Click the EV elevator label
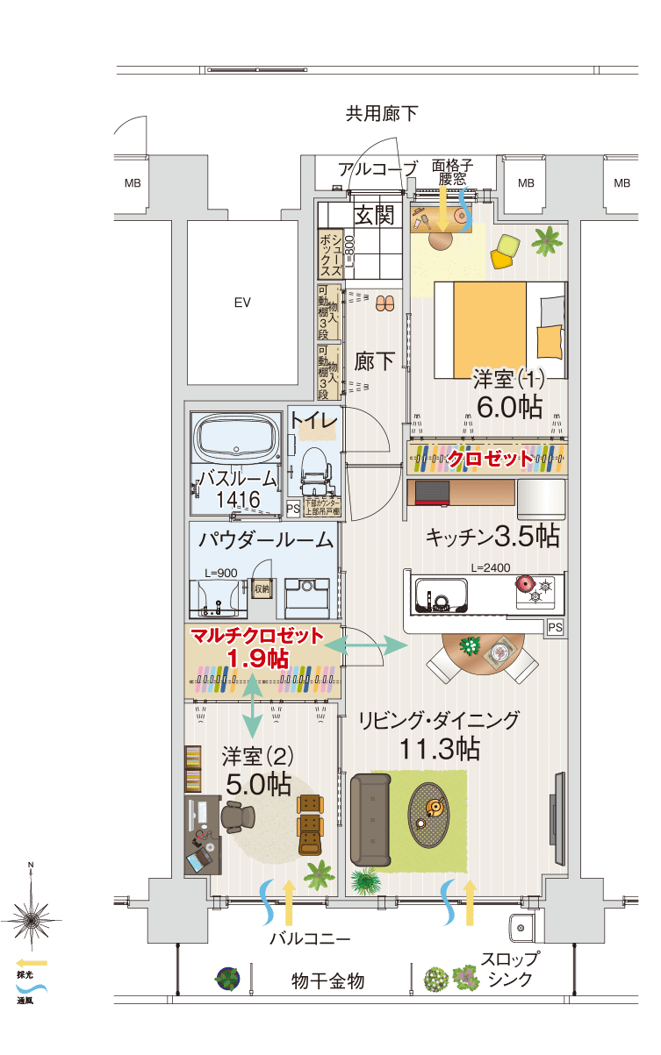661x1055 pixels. (242, 303)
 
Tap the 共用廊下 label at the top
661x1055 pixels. (381, 113)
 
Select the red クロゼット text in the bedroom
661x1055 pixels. (490, 458)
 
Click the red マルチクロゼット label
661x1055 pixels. (257, 636)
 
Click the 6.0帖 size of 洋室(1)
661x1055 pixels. (509, 406)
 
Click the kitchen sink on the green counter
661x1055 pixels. (442, 597)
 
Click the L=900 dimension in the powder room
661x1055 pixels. (219, 573)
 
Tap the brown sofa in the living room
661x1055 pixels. (370, 819)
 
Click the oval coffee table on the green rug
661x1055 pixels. (429, 814)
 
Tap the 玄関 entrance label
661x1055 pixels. (375, 214)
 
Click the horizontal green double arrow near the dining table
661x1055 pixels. (375, 645)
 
